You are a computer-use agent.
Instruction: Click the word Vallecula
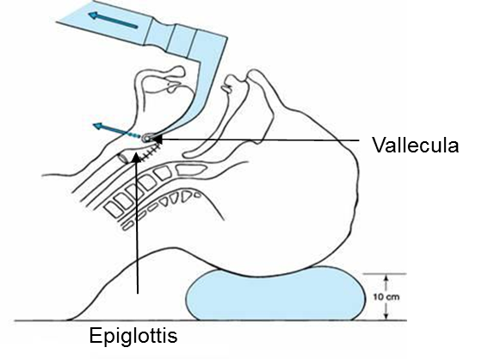416,145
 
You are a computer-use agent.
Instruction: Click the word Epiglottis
133,336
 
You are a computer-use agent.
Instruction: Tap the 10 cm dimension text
386,297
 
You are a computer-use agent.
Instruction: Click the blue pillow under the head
275,295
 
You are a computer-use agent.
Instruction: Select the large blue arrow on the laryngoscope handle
113,20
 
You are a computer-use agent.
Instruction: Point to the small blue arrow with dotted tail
117,130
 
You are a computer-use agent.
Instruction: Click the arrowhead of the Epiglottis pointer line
136,158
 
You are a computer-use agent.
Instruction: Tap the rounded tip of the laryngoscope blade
146,138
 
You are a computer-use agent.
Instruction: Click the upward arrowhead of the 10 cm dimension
386,277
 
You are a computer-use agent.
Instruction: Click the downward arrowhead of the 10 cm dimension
386,317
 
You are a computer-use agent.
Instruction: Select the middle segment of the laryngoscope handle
182,39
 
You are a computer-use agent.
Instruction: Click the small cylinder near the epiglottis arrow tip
124,158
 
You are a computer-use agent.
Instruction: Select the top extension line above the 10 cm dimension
385,274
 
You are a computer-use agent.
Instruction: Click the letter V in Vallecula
378,145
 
